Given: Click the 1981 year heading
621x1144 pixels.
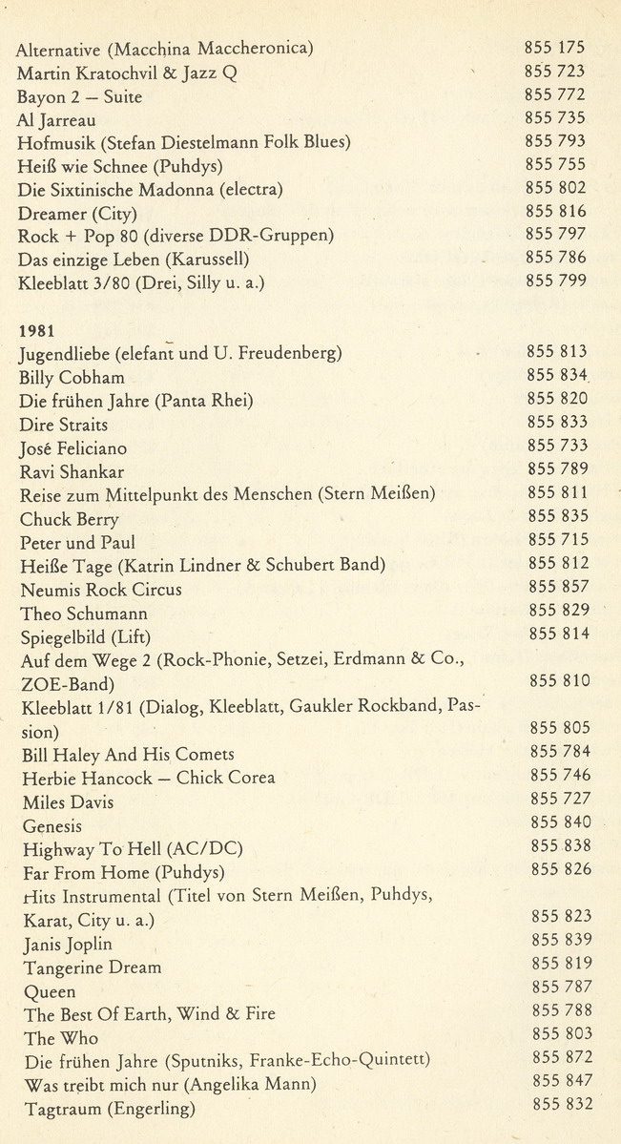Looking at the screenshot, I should (36, 330).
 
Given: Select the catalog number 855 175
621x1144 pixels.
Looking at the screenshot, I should (554, 47).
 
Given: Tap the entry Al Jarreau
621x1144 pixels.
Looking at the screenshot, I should (56, 120).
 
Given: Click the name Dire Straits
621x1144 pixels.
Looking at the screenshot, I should (64, 425).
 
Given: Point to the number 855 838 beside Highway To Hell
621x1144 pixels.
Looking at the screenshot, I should (560, 845).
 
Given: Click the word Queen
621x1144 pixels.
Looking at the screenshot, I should (49, 991).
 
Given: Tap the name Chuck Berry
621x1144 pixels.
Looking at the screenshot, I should (70, 519).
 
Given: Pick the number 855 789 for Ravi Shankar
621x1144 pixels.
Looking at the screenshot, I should (558, 469).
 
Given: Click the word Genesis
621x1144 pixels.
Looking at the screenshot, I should (52, 826).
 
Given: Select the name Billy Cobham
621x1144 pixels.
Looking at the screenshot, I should (72, 378).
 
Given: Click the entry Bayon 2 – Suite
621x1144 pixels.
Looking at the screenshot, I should (80, 97).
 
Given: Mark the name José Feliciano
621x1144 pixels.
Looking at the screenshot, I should (73, 448).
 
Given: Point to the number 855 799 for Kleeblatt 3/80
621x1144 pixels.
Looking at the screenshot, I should (555, 281).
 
